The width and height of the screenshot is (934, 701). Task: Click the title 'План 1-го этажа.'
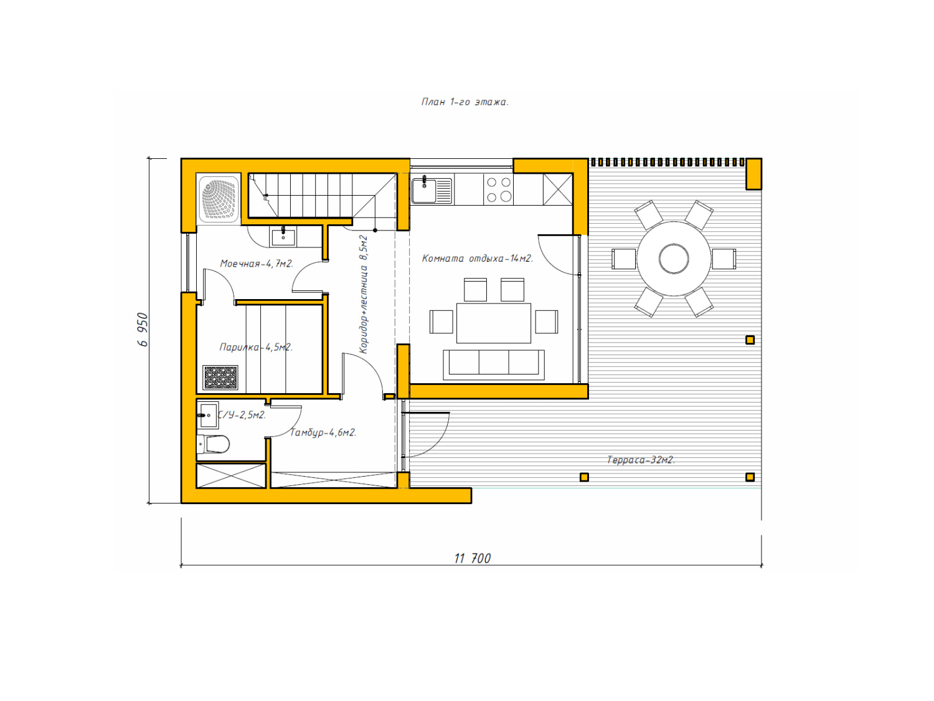click(465, 102)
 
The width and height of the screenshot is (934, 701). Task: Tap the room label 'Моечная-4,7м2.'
click(257, 264)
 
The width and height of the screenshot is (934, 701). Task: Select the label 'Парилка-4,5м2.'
click(256, 347)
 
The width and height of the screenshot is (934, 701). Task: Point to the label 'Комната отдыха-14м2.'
click(477, 259)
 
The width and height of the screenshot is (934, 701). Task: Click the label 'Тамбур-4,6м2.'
click(323, 432)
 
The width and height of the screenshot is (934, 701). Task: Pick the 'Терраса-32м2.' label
click(640, 460)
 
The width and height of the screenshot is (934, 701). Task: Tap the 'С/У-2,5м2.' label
click(242, 414)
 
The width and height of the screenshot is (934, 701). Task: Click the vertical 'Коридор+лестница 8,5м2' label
click(364, 294)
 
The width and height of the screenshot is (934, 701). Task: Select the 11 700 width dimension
click(473, 558)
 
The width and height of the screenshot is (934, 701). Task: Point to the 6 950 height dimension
click(143, 330)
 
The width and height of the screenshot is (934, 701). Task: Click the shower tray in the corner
click(219, 199)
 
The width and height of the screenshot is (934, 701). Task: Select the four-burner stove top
click(498, 189)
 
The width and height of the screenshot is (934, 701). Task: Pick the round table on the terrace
click(674, 259)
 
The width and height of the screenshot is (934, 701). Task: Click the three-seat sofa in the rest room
click(494, 365)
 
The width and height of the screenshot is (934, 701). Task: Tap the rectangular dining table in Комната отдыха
click(494, 323)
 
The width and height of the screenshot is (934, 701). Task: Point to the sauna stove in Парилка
click(220, 377)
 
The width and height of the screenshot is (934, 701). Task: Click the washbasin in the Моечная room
click(283, 236)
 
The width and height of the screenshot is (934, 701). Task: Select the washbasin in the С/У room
click(207, 415)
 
